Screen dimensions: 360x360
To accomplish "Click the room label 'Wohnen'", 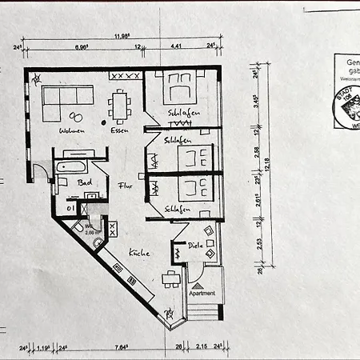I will pyautogui.click(x=71, y=130).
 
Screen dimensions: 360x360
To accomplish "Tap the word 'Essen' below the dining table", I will pyautogui.click(x=121, y=130).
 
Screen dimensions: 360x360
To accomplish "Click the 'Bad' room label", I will pyautogui.click(x=84, y=182).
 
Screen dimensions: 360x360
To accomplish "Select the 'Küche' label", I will pyautogui.click(x=138, y=253).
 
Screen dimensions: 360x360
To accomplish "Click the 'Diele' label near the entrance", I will pyautogui.click(x=194, y=246).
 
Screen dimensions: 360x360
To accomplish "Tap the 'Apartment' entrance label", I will pyautogui.click(x=202, y=294).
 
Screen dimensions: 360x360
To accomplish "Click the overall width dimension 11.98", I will pyautogui.click(x=122, y=35).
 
